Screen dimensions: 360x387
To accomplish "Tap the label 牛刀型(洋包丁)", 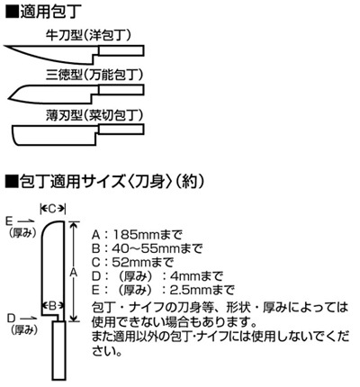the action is pos(89,35).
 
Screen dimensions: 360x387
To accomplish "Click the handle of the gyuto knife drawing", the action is pos(121,50).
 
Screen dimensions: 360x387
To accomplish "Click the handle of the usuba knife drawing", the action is pos(121,130).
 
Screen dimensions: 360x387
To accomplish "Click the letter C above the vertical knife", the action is pos(52,208).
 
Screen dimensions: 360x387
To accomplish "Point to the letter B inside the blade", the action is pos(52,306).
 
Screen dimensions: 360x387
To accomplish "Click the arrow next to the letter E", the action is pos(26,221).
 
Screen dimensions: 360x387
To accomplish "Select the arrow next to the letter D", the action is pos(29,318).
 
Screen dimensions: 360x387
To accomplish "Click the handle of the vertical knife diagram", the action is pos(59,351).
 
